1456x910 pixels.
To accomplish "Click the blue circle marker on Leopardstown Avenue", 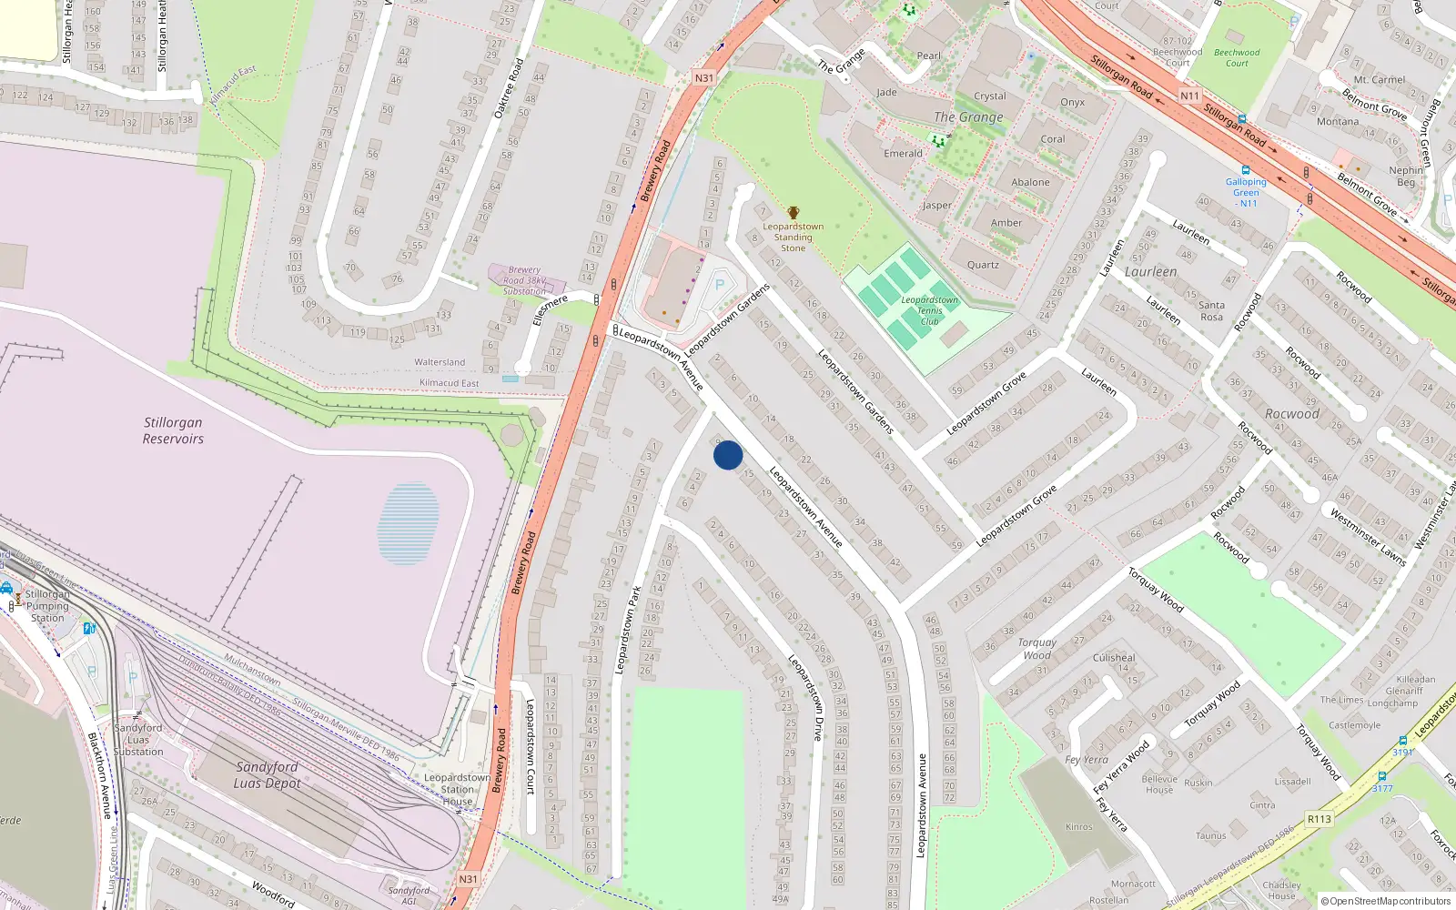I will pos(728,455).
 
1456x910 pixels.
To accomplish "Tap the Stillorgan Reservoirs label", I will pos(173,430).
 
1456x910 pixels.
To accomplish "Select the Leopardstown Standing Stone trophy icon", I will pos(794,213).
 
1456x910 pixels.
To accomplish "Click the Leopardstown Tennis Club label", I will pos(929,310).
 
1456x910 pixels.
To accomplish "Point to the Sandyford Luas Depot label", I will pos(267,774).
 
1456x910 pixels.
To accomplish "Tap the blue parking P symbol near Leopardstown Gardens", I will pos(720,285).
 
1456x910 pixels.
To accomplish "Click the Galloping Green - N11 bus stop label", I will pos(1246,192).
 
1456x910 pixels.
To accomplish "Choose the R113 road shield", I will pos(1319,819).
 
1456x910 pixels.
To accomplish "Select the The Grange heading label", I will pos(968,117).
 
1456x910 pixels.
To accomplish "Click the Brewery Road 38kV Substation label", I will pos(525,280).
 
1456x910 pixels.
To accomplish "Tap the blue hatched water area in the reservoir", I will pos(409,523).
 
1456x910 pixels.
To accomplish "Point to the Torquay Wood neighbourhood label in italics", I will pos(1037,648).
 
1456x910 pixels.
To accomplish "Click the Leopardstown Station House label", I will pos(458,789).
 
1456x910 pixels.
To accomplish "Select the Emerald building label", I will pos(903,154).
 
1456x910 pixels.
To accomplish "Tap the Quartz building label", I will pos(983,265).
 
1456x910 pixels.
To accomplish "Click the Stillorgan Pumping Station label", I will pos(47,606).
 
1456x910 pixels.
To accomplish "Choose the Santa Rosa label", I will pos(1211,310).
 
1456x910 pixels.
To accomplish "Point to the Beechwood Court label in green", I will pos(1237,57).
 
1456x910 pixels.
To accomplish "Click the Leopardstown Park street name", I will pos(627,630).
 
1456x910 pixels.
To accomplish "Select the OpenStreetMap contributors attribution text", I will pos(1386,901).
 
